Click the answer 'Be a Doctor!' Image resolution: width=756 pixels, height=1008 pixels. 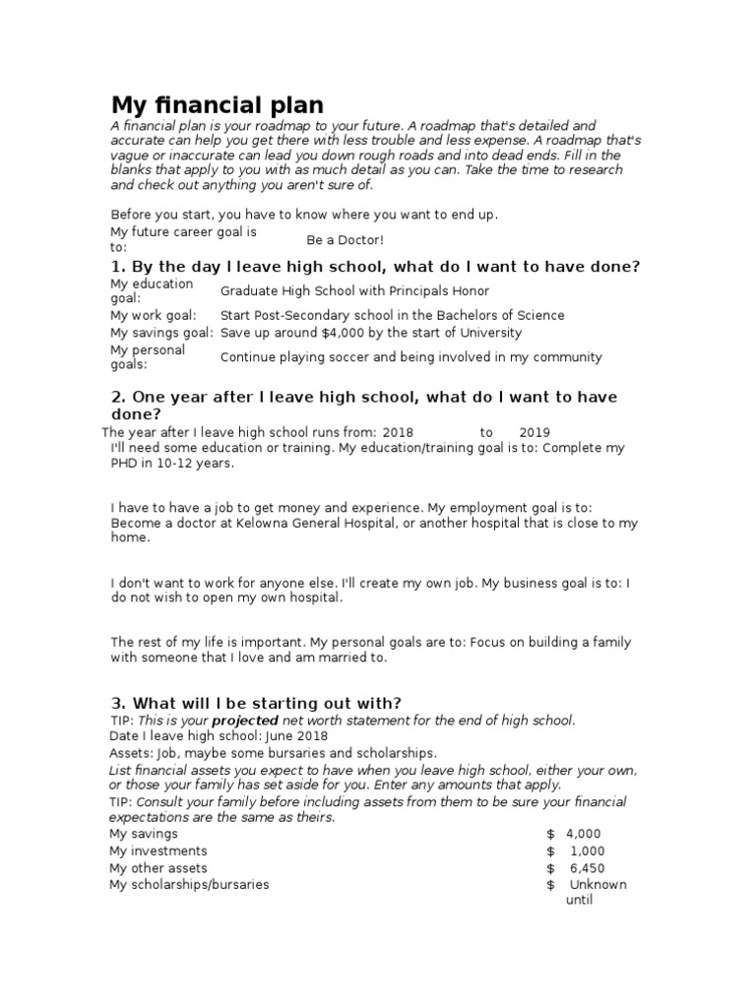point(345,240)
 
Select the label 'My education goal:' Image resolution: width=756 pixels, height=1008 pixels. point(152,290)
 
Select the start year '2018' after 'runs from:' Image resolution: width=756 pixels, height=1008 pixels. point(398,432)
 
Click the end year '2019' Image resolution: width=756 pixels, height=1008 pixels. point(535,432)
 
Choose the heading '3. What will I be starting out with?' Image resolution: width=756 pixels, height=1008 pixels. point(256,703)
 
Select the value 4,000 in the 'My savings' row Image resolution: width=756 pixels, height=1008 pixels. point(584,834)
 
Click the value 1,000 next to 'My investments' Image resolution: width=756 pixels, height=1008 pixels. point(587,851)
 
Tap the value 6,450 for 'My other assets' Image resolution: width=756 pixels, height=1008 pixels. point(587,868)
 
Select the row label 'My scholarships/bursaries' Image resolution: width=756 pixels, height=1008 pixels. point(189,885)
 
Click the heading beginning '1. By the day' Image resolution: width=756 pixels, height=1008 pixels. point(374,267)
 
